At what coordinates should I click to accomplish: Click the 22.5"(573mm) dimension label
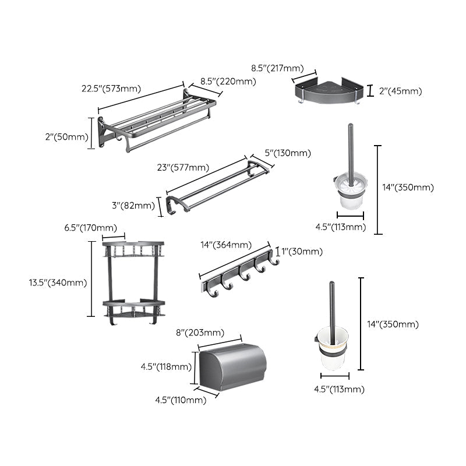[x=112, y=89]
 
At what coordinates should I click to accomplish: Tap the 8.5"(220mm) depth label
[x=228, y=82]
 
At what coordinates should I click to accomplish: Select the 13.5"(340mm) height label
[x=58, y=283]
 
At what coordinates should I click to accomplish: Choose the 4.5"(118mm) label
[x=165, y=366]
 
